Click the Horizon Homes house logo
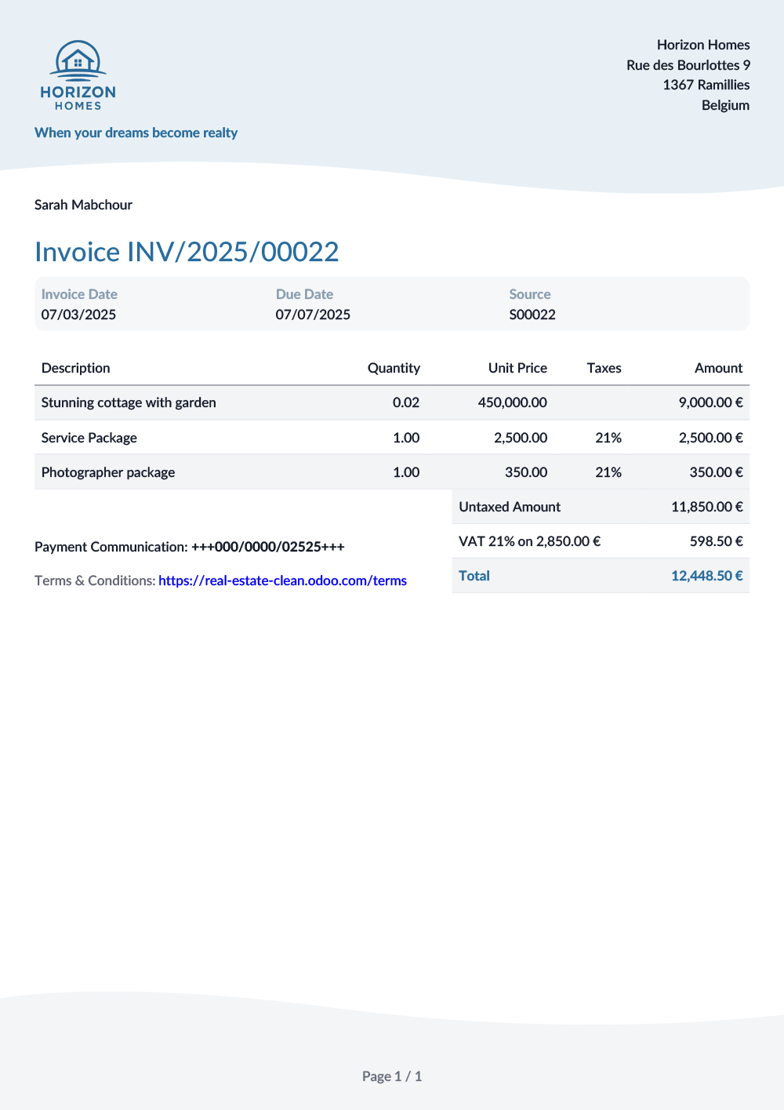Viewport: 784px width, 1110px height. point(78,75)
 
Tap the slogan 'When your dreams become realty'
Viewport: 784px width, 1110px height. point(136,133)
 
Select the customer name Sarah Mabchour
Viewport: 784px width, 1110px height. point(83,205)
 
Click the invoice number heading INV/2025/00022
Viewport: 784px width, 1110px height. point(187,252)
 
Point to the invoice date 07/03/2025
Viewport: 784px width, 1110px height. point(78,315)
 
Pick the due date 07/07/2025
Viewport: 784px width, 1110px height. point(313,315)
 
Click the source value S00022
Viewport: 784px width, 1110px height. point(532,315)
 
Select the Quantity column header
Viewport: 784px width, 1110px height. point(394,368)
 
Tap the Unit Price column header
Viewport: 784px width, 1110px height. point(517,368)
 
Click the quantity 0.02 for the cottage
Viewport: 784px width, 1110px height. point(406,402)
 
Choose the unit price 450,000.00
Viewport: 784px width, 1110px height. point(513,402)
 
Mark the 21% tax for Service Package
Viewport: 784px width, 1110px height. point(608,438)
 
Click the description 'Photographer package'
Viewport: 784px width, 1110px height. point(108,472)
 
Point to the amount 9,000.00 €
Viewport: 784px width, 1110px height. point(710,402)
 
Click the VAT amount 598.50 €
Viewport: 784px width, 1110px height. point(717,541)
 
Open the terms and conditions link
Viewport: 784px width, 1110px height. point(282,580)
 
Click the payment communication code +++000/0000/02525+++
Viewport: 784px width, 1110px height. point(268,547)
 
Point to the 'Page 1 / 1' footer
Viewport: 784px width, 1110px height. point(392,1076)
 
